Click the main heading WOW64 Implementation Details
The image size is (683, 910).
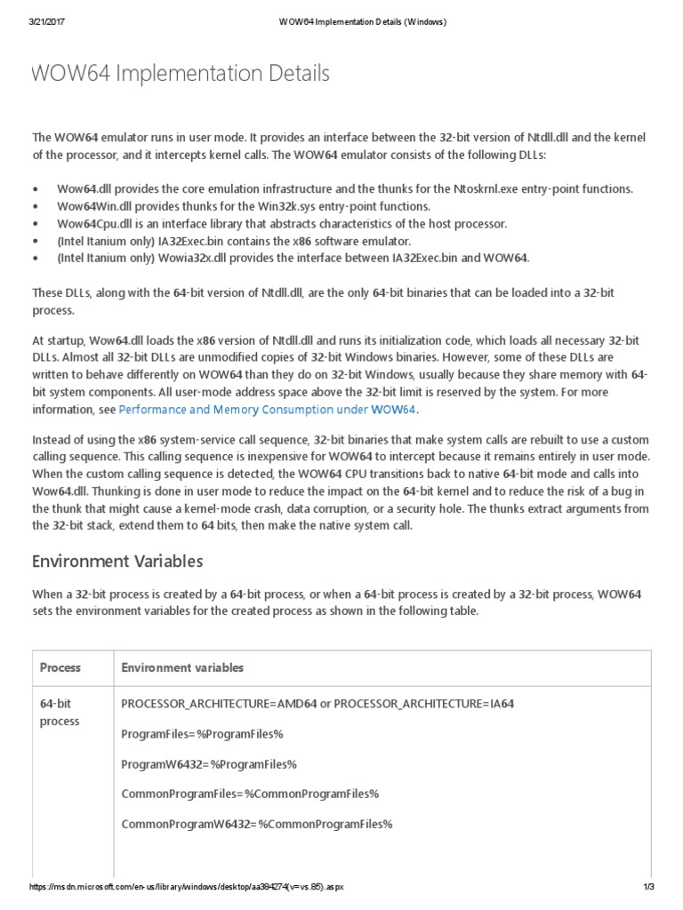point(181,74)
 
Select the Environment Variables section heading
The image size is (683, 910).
point(117,561)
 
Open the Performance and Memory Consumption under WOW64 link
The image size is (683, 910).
point(267,410)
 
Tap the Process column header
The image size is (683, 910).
point(60,667)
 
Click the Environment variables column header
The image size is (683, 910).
point(182,667)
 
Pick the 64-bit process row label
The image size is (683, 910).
point(60,713)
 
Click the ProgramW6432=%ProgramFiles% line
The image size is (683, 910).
point(208,763)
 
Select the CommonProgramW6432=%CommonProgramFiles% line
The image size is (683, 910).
point(256,824)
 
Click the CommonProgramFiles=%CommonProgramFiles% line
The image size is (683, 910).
point(250,794)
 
